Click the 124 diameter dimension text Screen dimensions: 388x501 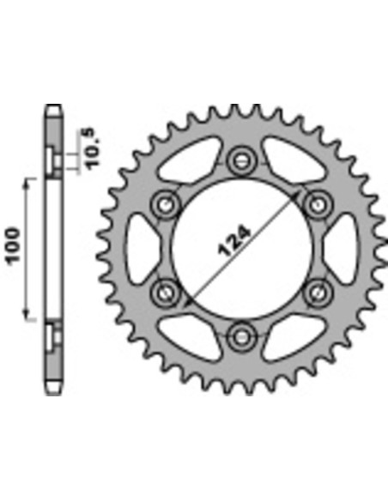coord(234,241)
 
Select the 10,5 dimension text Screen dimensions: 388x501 coord(94,148)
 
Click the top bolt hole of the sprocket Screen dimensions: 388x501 coord(241,160)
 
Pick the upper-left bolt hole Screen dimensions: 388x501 coord(165,204)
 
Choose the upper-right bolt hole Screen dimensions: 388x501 coord(318,204)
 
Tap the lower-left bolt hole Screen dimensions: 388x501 coord(165,293)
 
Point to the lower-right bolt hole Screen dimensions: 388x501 coord(318,293)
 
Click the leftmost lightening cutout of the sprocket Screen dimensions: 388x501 coord(140,249)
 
